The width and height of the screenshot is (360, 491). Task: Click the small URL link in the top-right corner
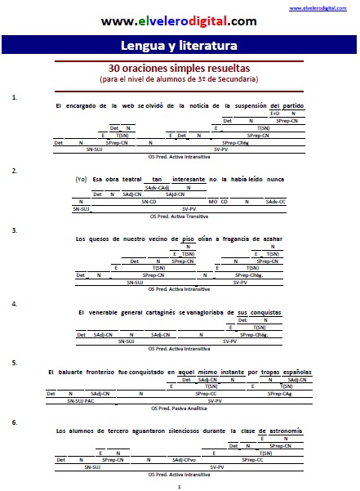coord(332,7)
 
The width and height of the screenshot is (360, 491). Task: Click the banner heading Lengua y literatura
coord(179,45)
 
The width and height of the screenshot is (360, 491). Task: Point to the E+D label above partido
coord(275,113)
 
